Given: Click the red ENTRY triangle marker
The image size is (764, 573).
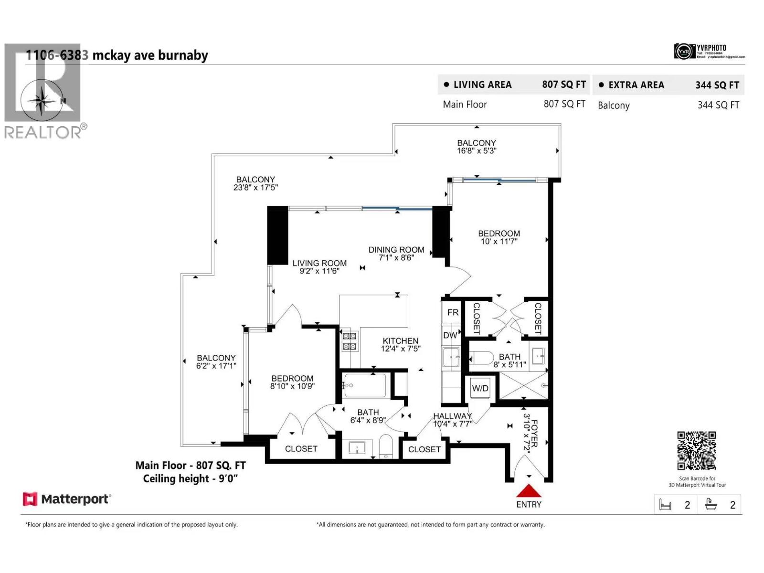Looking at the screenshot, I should (x=529, y=491).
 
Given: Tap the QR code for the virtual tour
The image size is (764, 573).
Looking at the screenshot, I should (x=696, y=451).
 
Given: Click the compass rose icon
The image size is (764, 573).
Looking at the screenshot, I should (x=42, y=100).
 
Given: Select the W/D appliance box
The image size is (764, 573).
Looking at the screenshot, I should (x=480, y=388).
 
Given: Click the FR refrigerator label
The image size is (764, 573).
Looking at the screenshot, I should (x=453, y=313).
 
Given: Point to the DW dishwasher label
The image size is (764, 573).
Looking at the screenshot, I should (x=450, y=335).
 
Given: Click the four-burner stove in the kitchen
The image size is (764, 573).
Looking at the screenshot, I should (x=350, y=341).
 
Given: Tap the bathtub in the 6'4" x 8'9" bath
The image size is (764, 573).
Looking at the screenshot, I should (x=365, y=385).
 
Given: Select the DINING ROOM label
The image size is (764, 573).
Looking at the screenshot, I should (x=396, y=250).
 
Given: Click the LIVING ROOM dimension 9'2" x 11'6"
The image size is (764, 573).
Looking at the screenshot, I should (x=319, y=271).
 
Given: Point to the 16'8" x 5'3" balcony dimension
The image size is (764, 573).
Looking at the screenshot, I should (x=477, y=151).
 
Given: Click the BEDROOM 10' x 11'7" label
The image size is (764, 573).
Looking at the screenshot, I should (x=499, y=237).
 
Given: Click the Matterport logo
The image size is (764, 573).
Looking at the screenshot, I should (x=67, y=499).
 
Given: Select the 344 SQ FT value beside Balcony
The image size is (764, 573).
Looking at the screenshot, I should (x=718, y=105).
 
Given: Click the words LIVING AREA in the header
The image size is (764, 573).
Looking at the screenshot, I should (x=482, y=85).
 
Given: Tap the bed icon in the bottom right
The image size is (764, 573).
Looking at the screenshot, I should (x=665, y=505).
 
